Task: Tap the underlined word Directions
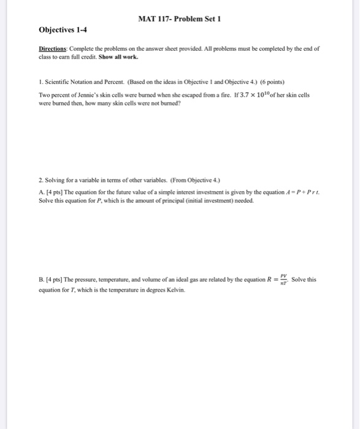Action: pyautogui.click(x=53, y=47)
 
